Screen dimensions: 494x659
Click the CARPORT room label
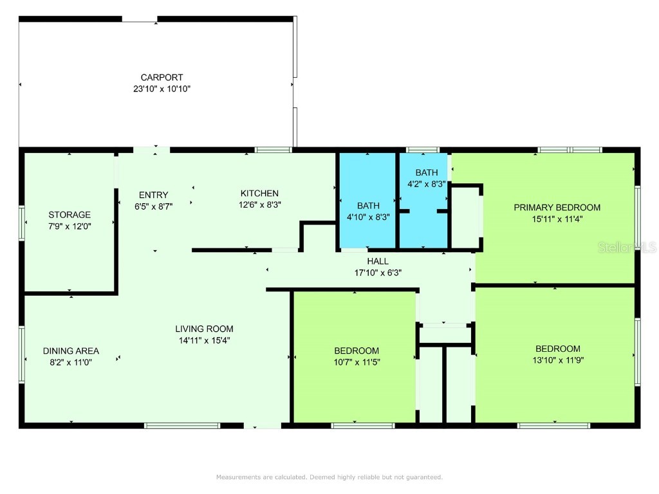(x=158, y=78)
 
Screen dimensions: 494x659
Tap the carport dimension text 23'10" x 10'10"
(x=158, y=89)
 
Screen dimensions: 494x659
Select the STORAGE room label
(x=70, y=215)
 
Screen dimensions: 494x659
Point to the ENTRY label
(x=154, y=195)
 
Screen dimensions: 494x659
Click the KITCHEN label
(x=259, y=194)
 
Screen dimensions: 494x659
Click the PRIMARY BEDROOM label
(x=557, y=208)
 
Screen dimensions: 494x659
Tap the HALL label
(x=378, y=261)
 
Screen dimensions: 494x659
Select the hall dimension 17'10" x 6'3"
(x=378, y=272)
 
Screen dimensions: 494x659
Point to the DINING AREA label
(x=71, y=351)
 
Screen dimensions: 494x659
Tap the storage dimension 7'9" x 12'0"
(x=70, y=226)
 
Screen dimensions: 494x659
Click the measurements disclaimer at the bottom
(x=329, y=477)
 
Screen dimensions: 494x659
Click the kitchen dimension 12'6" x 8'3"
(x=259, y=205)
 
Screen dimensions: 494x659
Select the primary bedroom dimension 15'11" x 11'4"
(x=557, y=219)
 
